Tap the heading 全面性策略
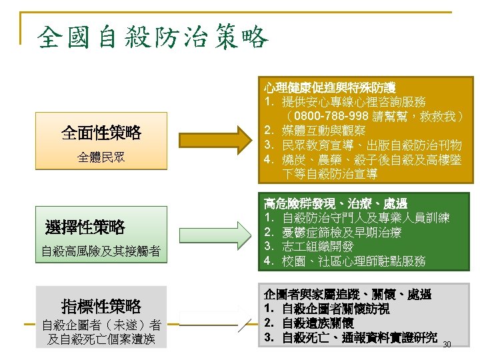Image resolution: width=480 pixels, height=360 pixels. (101, 133)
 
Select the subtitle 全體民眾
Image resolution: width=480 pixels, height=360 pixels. (101, 158)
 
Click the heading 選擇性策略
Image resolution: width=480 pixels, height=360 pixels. (85, 227)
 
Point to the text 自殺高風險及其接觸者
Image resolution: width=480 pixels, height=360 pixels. (101, 251)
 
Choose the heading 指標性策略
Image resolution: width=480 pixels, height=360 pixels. (101, 306)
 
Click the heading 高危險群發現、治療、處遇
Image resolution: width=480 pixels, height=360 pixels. (335, 203)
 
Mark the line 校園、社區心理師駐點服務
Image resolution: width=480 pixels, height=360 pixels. (353, 261)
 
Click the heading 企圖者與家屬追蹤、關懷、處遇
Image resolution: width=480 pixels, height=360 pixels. (347, 294)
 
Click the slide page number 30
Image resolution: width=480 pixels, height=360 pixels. (447, 344)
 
